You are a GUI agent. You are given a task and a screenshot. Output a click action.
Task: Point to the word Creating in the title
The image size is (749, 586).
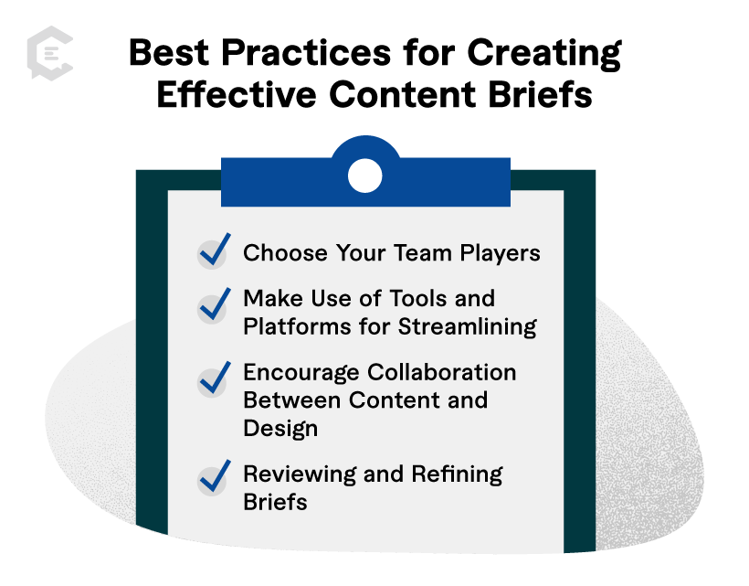[543, 54]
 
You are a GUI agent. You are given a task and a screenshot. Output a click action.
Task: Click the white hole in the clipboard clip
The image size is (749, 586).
[364, 175]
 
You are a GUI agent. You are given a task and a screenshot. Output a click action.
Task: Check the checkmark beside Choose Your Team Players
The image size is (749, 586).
[213, 252]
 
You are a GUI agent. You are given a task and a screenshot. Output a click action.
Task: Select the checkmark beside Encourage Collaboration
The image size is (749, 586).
[213, 380]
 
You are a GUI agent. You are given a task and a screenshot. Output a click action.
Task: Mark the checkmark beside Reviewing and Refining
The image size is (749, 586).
[213, 477]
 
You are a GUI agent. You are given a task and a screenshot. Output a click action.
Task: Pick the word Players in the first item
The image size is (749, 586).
[500, 253]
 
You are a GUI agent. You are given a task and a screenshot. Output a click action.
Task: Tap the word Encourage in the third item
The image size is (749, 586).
[301, 373]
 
